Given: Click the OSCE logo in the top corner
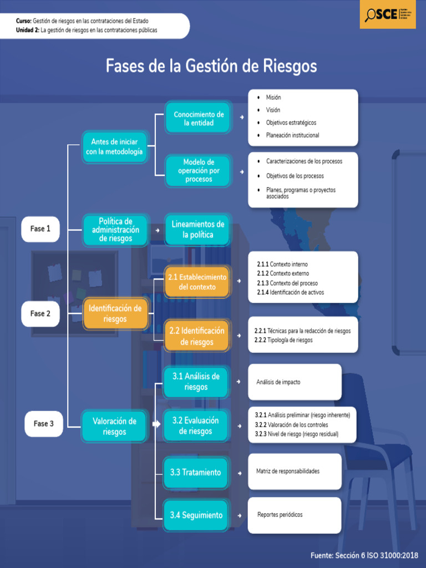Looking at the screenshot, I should (x=388, y=14).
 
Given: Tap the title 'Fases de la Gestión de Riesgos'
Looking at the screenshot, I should (x=211, y=66).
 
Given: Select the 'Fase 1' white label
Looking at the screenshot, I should (x=40, y=229).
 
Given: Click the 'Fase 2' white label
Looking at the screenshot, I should (x=40, y=313).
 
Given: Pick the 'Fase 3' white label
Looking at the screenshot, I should (x=43, y=423).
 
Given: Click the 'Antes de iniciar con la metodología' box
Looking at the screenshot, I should (x=114, y=147).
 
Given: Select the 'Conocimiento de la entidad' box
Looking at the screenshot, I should (x=198, y=118).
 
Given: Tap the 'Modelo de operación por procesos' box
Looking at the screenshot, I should (x=198, y=170).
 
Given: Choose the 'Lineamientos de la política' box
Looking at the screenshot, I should (x=197, y=230).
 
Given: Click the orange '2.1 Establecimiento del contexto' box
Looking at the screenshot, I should (x=197, y=282).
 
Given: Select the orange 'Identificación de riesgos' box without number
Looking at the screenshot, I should (x=115, y=313).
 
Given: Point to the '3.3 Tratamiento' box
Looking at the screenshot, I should (x=196, y=473).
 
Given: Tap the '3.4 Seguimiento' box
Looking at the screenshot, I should (x=196, y=515).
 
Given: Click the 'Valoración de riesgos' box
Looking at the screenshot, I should (x=114, y=426).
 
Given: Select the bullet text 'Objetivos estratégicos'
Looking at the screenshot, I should (x=291, y=123).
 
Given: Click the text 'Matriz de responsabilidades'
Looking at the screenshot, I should (x=288, y=471).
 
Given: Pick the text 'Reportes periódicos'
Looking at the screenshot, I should (x=280, y=515).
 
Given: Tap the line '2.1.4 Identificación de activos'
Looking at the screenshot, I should (x=291, y=292).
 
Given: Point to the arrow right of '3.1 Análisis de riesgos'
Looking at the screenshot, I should (x=239, y=382).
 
